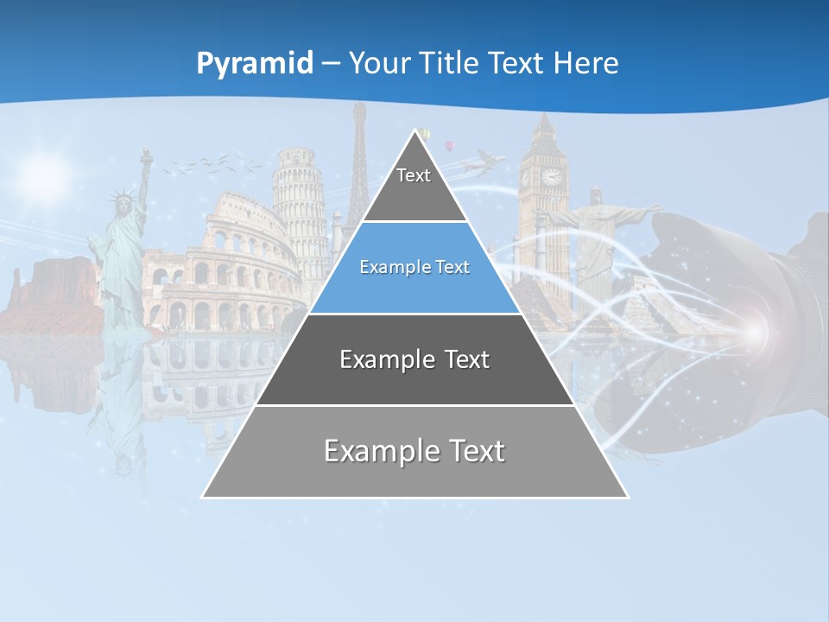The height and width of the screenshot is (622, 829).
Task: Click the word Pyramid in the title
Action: pos(255,64)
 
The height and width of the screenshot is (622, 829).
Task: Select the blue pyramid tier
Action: pos(414,268)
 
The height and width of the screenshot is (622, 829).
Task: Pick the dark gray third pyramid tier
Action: pos(414,359)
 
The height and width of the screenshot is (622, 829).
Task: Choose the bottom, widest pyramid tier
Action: pos(414,452)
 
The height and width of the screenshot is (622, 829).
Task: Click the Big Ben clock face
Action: pos(551,177)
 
